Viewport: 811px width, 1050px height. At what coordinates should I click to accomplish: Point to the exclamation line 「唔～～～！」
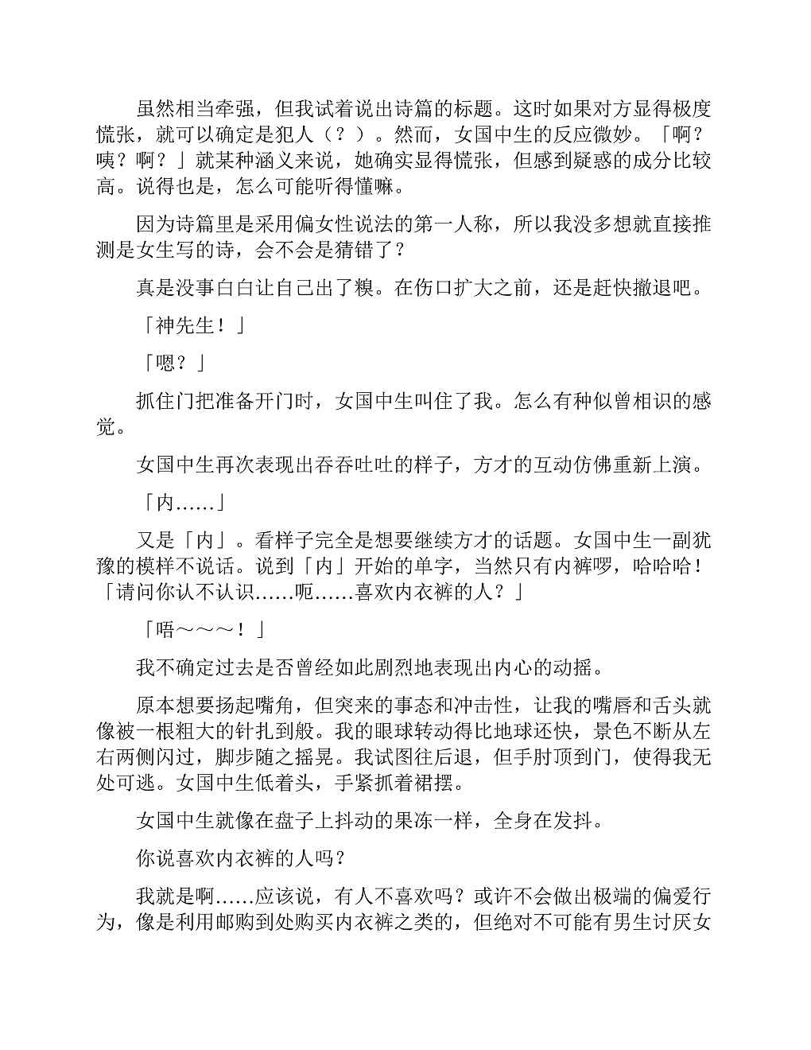pos(201,630)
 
